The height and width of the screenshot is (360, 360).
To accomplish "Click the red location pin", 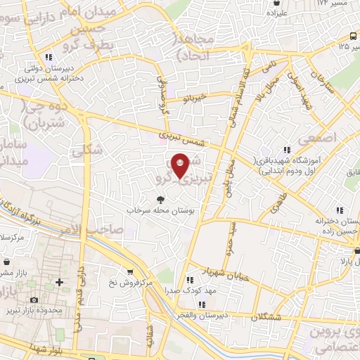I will (x=180, y=165).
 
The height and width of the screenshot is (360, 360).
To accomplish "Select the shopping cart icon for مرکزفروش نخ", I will (x=130, y=272).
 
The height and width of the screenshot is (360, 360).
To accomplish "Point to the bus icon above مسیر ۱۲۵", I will (x=353, y=37).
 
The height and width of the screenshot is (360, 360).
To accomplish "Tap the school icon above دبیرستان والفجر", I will (x=201, y=304).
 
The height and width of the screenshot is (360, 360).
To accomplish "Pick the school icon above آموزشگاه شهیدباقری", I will (x=287, y=149).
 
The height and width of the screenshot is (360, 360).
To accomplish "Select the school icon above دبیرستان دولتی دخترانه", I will (x=47, y=57).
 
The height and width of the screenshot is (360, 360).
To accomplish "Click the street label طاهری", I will (x=273, y=200).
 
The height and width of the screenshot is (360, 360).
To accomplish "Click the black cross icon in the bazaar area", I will (x=59, y=283).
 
